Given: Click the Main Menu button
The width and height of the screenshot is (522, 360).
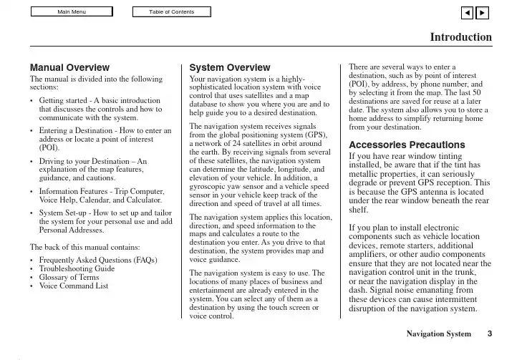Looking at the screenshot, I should click(x=72, y=11).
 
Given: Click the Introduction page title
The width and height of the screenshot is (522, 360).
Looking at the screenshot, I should click(x=460, y=37).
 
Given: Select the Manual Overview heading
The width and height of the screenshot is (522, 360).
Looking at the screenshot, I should click(x=69, y=67).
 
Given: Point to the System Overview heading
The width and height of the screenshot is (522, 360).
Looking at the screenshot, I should click(x=229, y=67).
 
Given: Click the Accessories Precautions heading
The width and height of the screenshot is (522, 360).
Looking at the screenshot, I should click(x=406, y=145).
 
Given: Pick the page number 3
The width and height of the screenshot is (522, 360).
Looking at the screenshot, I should click(x=490, y=334).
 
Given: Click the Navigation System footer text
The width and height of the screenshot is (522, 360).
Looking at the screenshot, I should click(x=438, y=334).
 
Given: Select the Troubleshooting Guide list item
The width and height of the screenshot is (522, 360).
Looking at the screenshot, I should click(x=77, y=268).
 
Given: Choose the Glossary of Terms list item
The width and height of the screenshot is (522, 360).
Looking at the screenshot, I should click(x=69, y=277).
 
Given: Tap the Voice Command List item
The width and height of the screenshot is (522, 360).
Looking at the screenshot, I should click(x=74, y=286).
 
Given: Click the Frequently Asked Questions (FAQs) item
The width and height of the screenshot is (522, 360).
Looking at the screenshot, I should click(x=98, y=260).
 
